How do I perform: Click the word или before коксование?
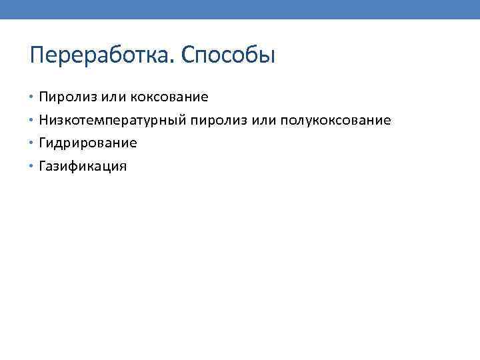114,97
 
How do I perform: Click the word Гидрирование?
88,143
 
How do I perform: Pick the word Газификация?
83,167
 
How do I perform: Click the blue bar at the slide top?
240,9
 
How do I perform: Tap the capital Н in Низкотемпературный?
44,121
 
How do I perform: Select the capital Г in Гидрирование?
43,143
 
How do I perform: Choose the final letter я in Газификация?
122,167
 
